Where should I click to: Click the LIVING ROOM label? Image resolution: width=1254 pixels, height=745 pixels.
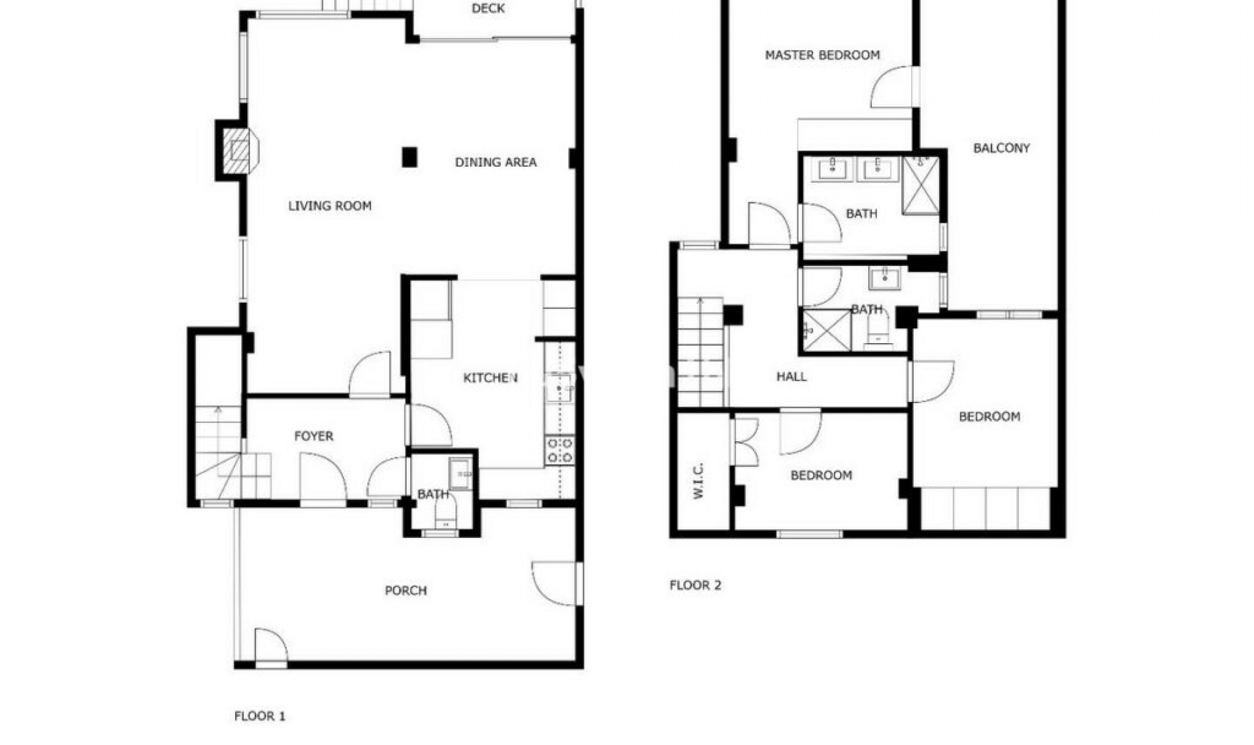(330, 206)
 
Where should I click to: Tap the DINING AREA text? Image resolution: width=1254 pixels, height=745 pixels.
(496, 162)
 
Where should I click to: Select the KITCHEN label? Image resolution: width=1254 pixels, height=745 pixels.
(490, 378)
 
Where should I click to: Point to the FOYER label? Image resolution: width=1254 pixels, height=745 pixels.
(313, 436)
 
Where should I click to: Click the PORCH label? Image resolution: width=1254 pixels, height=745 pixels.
(406, 591)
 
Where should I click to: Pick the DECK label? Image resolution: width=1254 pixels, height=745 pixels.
(488, 8)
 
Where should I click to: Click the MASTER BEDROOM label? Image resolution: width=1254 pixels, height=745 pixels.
(822, 55)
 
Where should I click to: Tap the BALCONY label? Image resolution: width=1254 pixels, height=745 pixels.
(1001, 148)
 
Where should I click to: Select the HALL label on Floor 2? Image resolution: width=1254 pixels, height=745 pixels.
(791, 376)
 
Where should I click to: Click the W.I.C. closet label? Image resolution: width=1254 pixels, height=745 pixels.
(698, 481)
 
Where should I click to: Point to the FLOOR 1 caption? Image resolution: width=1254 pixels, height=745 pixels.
(260, 716)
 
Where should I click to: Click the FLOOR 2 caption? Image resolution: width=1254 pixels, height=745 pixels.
(696, 586)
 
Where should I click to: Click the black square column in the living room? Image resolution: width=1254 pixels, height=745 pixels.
(410, 157)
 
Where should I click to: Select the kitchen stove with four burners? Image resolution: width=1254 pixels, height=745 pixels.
(560, 450)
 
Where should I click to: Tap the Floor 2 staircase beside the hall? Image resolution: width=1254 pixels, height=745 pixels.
(701, 353)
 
